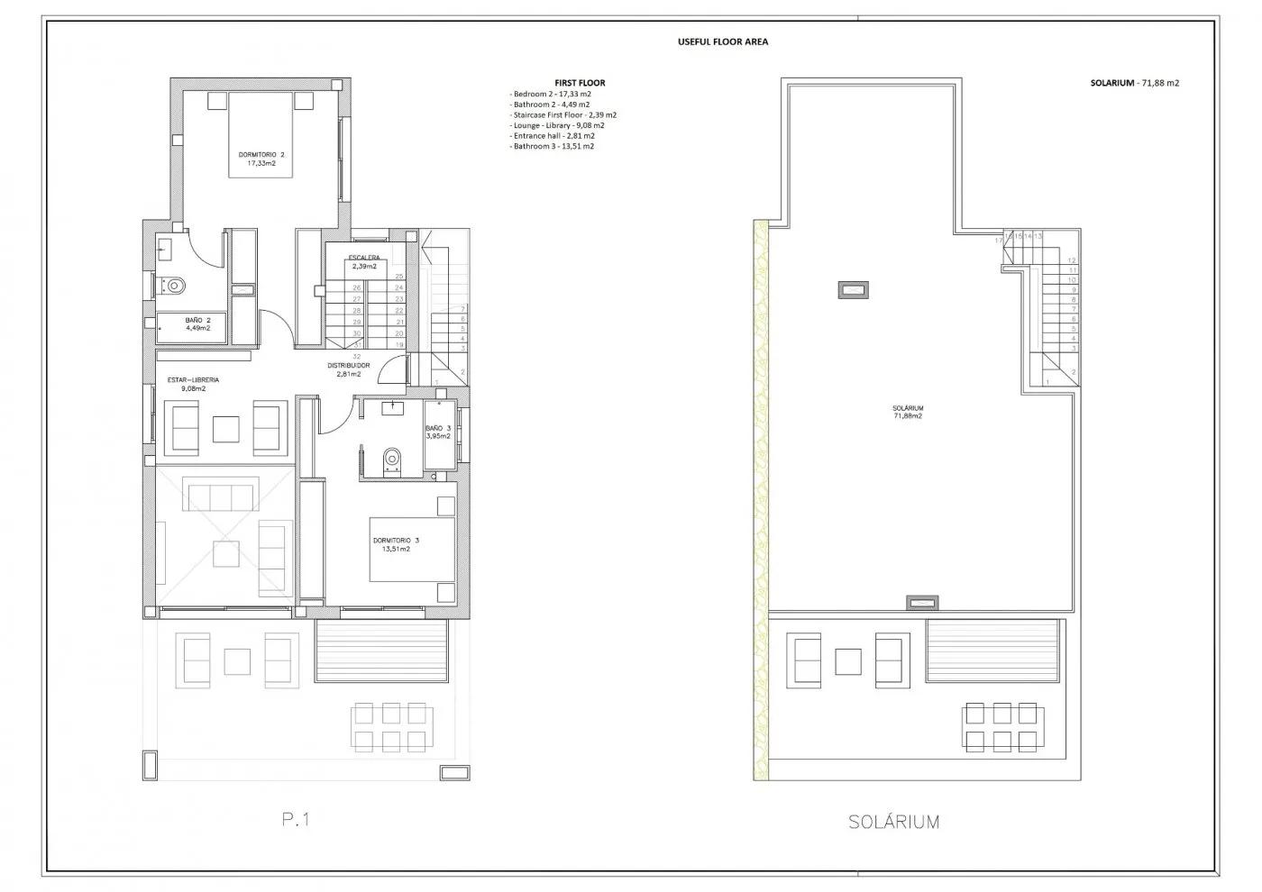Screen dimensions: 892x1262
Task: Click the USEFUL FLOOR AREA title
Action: click(723, 41)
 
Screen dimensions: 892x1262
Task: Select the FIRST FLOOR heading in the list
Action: click(580, 83)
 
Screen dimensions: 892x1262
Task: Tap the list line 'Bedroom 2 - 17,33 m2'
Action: click(551, 94)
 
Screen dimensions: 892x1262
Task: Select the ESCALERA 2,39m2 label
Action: click(364, 262)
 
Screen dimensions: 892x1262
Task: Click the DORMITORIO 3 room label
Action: click(396, 544)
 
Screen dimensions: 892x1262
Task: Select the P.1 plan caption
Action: click(295, 819)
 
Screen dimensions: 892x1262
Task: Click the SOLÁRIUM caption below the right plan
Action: click(893, 822)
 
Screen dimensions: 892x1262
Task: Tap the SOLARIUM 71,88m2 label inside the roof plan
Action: click(907, 412)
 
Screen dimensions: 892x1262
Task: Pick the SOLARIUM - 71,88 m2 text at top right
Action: click(1134, 83)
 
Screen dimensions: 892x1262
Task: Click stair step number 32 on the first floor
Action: click(357, 356)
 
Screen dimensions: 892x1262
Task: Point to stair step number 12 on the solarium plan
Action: click(1072, 260)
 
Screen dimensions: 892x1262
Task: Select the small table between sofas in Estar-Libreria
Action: click(225, 428)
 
